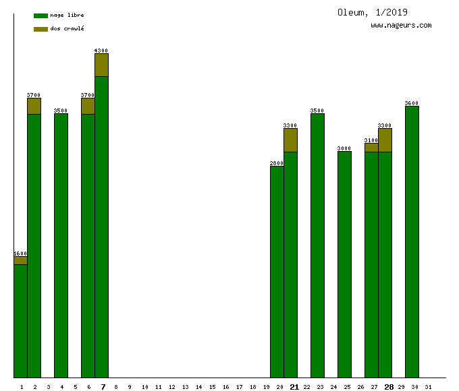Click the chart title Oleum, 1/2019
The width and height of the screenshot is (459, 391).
coord(373,12)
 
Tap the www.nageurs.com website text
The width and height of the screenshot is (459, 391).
coord(401,26)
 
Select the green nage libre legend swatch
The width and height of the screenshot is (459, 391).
coord(40,16)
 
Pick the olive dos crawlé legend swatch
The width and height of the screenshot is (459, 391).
coord(40,29)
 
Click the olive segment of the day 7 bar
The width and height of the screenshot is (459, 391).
coord(101,65)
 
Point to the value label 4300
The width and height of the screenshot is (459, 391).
coord(101,51)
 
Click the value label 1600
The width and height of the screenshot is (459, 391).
coord(20,253)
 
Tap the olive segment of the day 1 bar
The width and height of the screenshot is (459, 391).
coord(20,260)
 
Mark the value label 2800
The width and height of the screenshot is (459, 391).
coord(277,163)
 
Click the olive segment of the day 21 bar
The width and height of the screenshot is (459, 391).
coord(290,140)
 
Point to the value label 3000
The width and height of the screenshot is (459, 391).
coord(344,148)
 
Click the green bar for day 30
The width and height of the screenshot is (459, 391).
coord(412,242)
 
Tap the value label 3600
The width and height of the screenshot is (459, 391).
coord(412,103)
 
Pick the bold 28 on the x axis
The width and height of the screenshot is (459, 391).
coord(389,387)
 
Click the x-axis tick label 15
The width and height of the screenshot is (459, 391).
coord(212,387)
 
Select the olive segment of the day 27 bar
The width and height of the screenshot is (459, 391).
coord(371,148)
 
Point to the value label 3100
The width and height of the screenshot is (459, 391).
coord(371,140)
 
